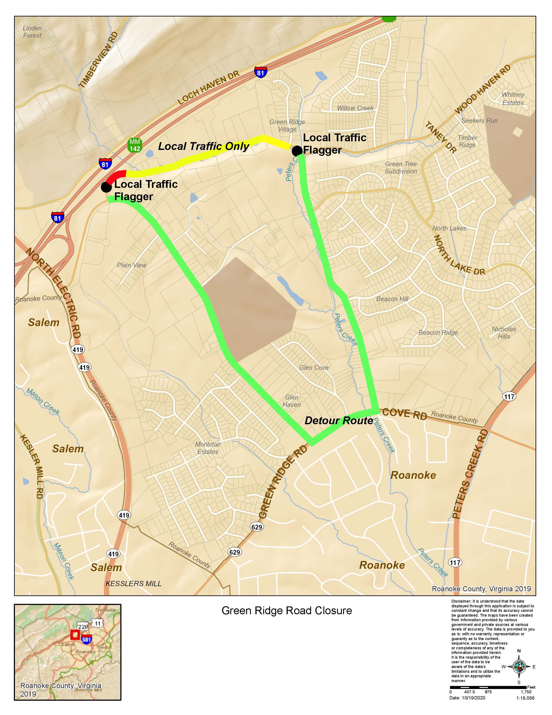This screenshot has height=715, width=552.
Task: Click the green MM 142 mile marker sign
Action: pos(135,145)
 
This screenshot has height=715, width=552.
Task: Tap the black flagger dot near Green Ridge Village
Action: pos(297,151)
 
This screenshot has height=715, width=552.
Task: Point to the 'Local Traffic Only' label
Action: pos(203,146)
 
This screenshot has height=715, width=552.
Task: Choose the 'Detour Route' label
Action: pos(339,421)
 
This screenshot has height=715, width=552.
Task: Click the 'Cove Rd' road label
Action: pos(405,414)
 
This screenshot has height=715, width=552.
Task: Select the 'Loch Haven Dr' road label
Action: pos(209,88)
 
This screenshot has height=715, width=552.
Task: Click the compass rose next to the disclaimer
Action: pos(519,666)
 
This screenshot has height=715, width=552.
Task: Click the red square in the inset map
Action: pos(75,634)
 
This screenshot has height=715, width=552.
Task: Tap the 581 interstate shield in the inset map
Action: pos(86,639)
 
